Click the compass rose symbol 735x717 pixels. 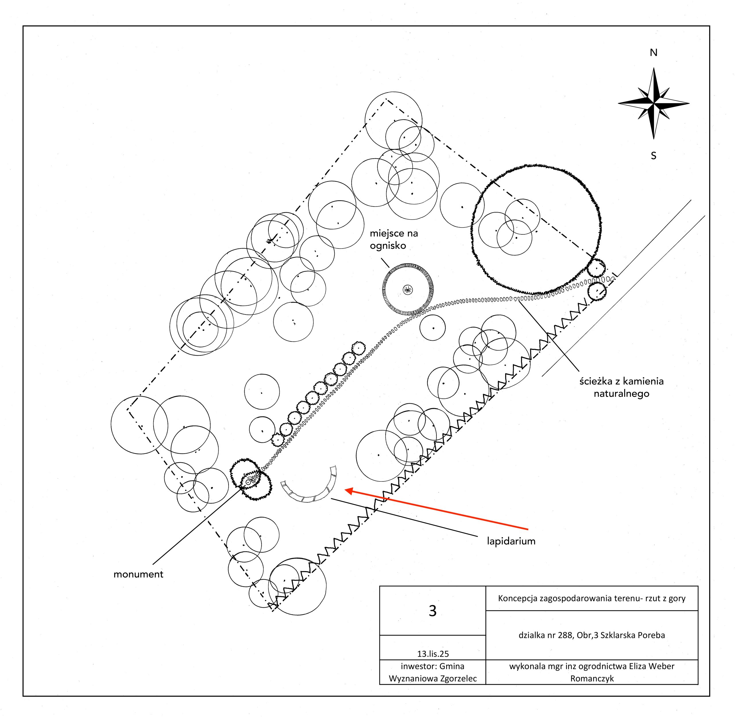[x=653, y=103]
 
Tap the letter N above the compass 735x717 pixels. [x=653, y=53]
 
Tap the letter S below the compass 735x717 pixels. [x=653, y=156]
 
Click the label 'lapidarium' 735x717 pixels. [x=511, y=541]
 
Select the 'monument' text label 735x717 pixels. [x=138, y=574]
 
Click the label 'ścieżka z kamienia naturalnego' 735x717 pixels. [x=621, y=388]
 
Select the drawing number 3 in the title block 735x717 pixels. [x=432, y=611]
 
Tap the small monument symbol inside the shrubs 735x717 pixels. [x=248, y=482]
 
